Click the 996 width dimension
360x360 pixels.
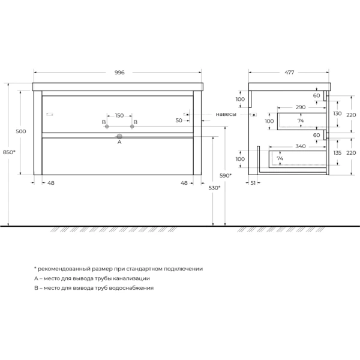point(119,73)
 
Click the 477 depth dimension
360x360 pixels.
point(289,73)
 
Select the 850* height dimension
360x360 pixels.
point(9,152)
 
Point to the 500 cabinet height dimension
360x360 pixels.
point(21,131)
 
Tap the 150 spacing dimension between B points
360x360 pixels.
point(119,115)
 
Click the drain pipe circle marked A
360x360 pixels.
point(119,137)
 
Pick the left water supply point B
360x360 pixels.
point(107,126)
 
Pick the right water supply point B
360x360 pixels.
point(132,126)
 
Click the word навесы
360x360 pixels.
point(226,114)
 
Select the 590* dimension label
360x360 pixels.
point(226,176)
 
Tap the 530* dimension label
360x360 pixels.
point(214,188)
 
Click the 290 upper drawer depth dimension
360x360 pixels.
point(301,107)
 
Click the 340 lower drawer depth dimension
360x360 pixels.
point(301,146)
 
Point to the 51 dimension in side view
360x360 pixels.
point(253,183)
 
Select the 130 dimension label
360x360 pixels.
point(337,113)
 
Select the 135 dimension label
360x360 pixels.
point(337,152)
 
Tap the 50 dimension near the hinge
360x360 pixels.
point(179,121)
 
